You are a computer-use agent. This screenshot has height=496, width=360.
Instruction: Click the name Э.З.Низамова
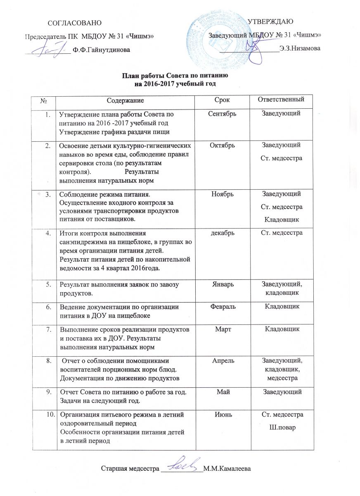pos(300,48)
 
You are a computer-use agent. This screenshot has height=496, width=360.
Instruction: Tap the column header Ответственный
pos(283,100)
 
